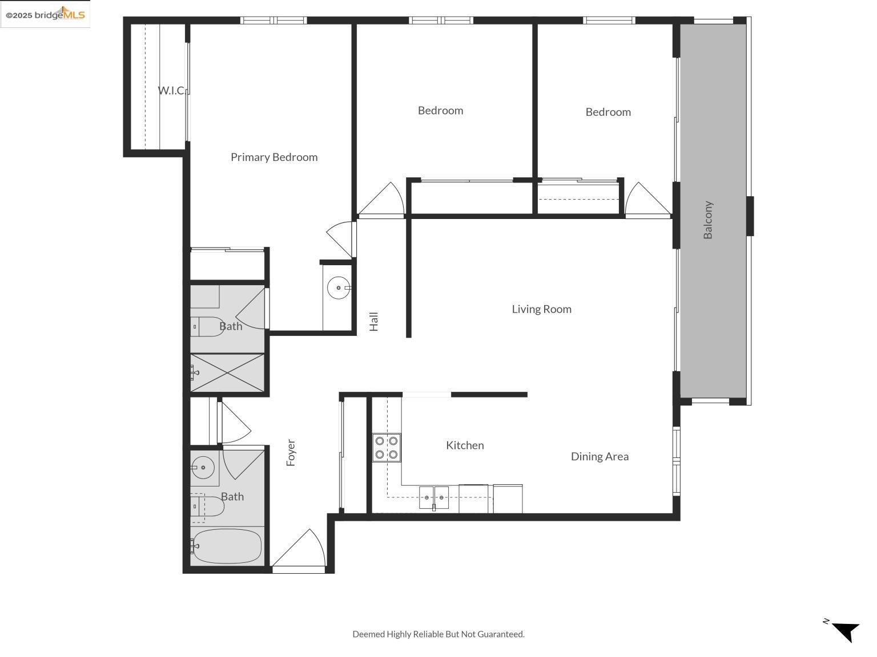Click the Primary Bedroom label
274,157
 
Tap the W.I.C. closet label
171,90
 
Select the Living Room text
541,309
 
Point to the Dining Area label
600,456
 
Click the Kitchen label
465,445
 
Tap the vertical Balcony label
708,220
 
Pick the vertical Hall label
374,321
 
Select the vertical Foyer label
291,452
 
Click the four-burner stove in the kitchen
387,448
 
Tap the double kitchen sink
434,497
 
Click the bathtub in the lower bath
227,546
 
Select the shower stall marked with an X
227,374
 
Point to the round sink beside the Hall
339,288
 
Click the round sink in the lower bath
202,468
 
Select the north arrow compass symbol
844,630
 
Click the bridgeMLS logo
45,15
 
